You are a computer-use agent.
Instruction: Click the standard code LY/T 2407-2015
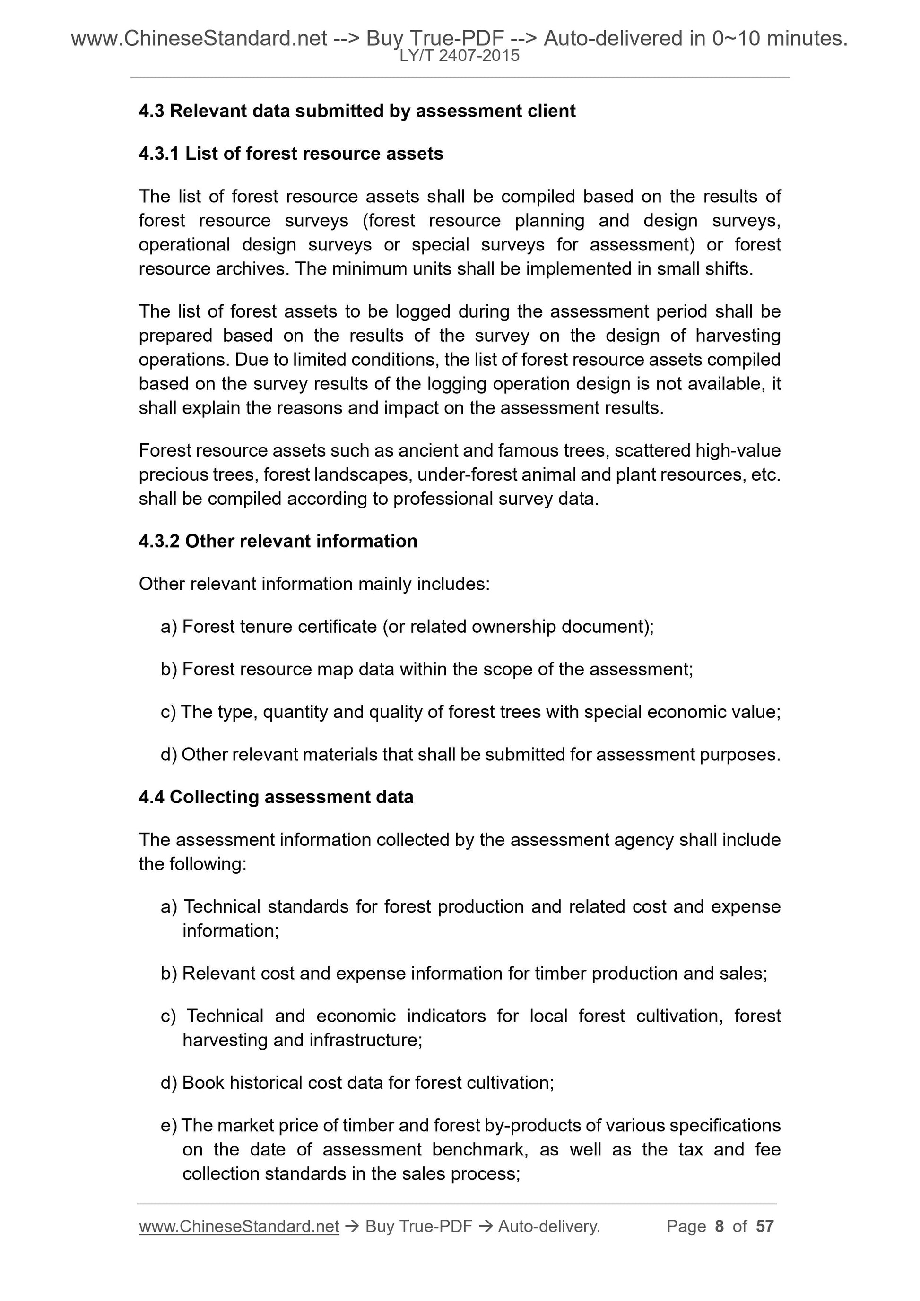(459, 56)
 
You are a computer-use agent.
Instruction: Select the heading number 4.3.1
(159, 154)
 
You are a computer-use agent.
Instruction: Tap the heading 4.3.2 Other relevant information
(278, 541)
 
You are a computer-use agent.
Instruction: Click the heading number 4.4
(151, 797)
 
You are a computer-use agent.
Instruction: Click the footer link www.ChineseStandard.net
(239, 1226)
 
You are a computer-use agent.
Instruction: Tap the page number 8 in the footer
(720, 1226)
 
